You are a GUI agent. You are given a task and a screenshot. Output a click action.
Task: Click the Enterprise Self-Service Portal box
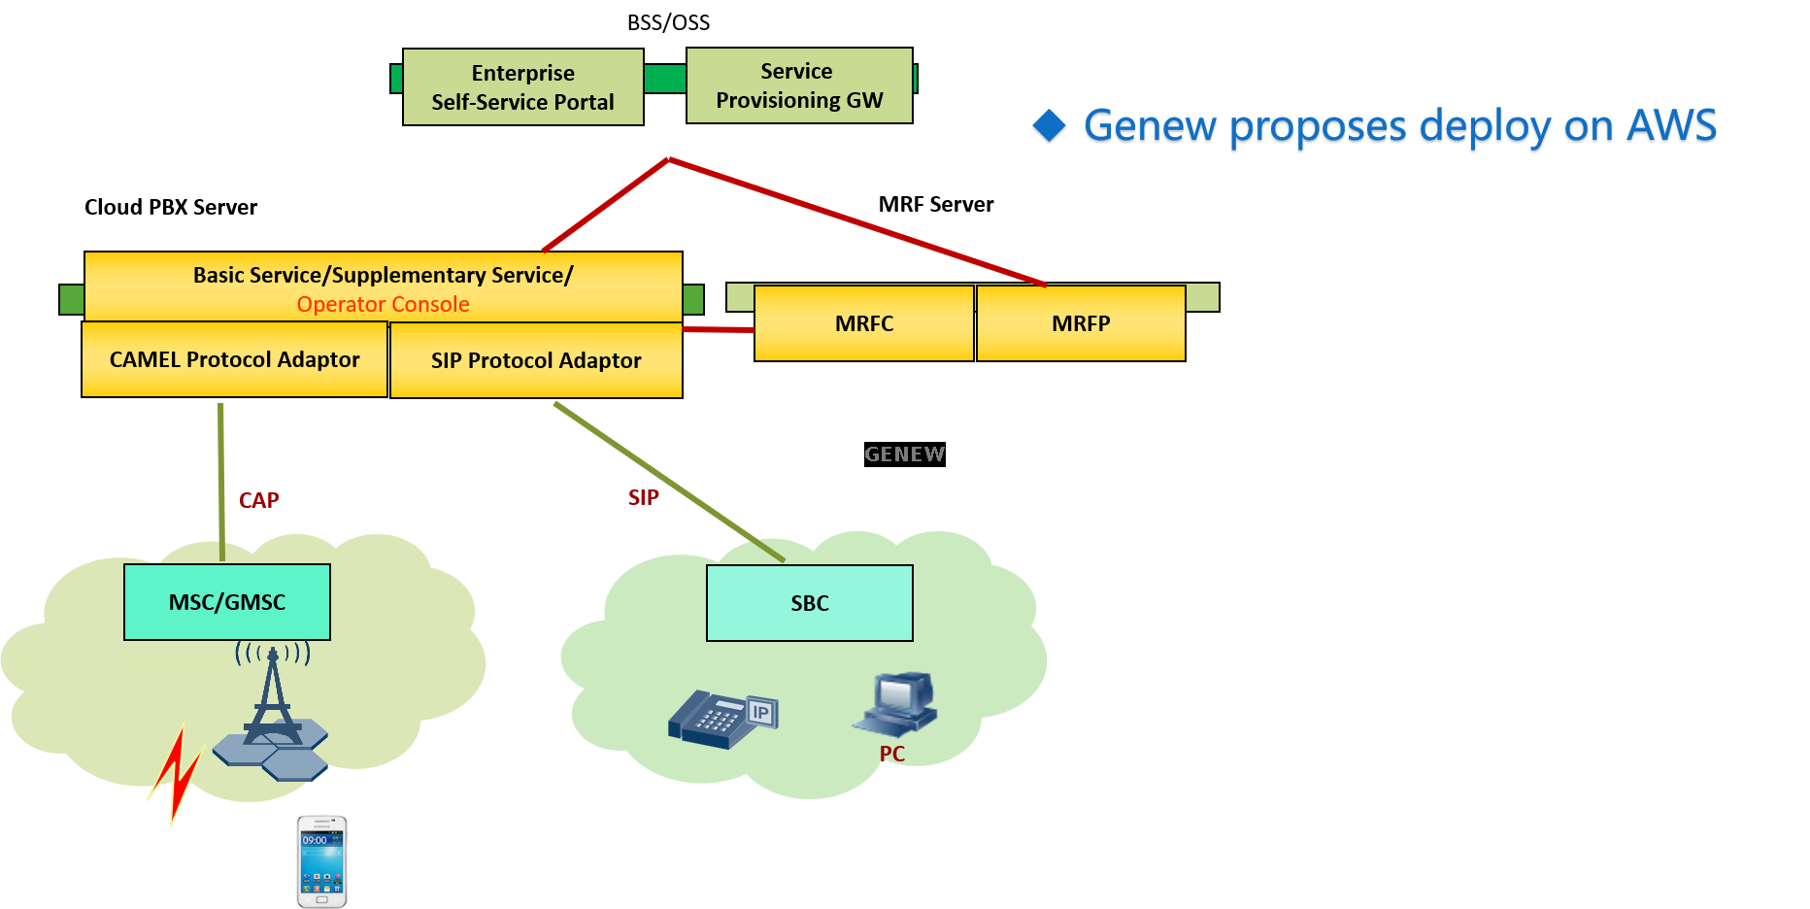pos(522,87)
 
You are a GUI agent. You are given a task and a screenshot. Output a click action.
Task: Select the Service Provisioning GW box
pos(799,85)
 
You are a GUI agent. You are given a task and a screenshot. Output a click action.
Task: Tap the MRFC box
pos(864,323)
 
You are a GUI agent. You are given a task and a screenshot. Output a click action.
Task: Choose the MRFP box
pos(1081,323)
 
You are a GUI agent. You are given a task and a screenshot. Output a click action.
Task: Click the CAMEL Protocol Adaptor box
pos(234,359)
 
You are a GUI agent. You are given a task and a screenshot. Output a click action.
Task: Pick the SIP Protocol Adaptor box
pos(536,360)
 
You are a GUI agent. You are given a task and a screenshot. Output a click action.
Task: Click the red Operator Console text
pos(383,304)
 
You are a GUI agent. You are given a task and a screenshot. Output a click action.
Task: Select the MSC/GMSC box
pos(227,602)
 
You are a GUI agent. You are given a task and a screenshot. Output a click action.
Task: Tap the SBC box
pos(810,603)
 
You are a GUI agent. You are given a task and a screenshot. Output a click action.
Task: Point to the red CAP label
pos(259,500)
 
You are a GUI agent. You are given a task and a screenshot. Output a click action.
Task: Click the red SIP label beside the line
pos(643,497)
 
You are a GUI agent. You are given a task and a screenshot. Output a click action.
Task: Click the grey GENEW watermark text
pos(904,454)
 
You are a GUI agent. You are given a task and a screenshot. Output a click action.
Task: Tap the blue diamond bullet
pos(1049,127)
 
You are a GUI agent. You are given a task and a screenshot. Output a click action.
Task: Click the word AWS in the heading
pos(1671,127)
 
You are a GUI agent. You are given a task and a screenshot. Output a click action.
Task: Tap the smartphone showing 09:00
pos(321,861)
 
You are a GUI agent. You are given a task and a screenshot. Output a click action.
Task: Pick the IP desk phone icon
pos(722,720)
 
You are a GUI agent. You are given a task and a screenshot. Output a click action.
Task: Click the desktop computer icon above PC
pos(896,702)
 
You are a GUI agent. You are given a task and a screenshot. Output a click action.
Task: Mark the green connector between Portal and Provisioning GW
pos(665,79)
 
